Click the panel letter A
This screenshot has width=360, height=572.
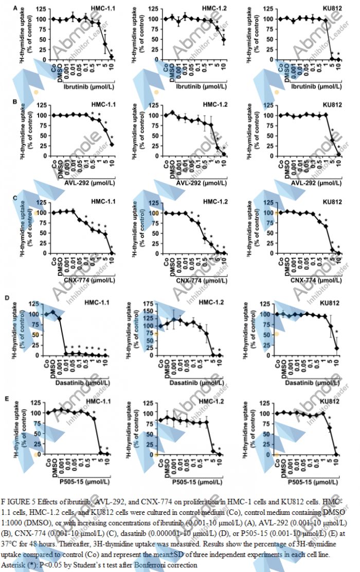(x=15, y=8)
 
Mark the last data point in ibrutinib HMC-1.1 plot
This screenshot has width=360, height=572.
(x=111, y=57)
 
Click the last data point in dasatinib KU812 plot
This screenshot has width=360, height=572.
(x=338, y=348)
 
